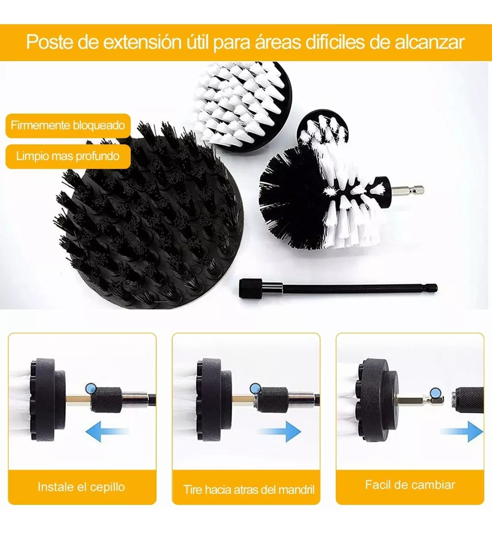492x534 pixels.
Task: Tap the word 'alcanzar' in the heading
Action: [x=429, y=42]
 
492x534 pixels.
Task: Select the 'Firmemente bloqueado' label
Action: [x=68, y=125]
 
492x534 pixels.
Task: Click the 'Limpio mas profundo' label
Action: [x=68, y=156]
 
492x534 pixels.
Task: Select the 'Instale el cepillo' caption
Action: [x=81, y=486]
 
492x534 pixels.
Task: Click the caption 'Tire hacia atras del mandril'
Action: [x=249, y=490]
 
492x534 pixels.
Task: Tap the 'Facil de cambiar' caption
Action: [x=410, y=485]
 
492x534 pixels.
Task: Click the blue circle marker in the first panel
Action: [x=92, y=388]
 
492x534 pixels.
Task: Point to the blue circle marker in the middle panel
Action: [x=255, y=388]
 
